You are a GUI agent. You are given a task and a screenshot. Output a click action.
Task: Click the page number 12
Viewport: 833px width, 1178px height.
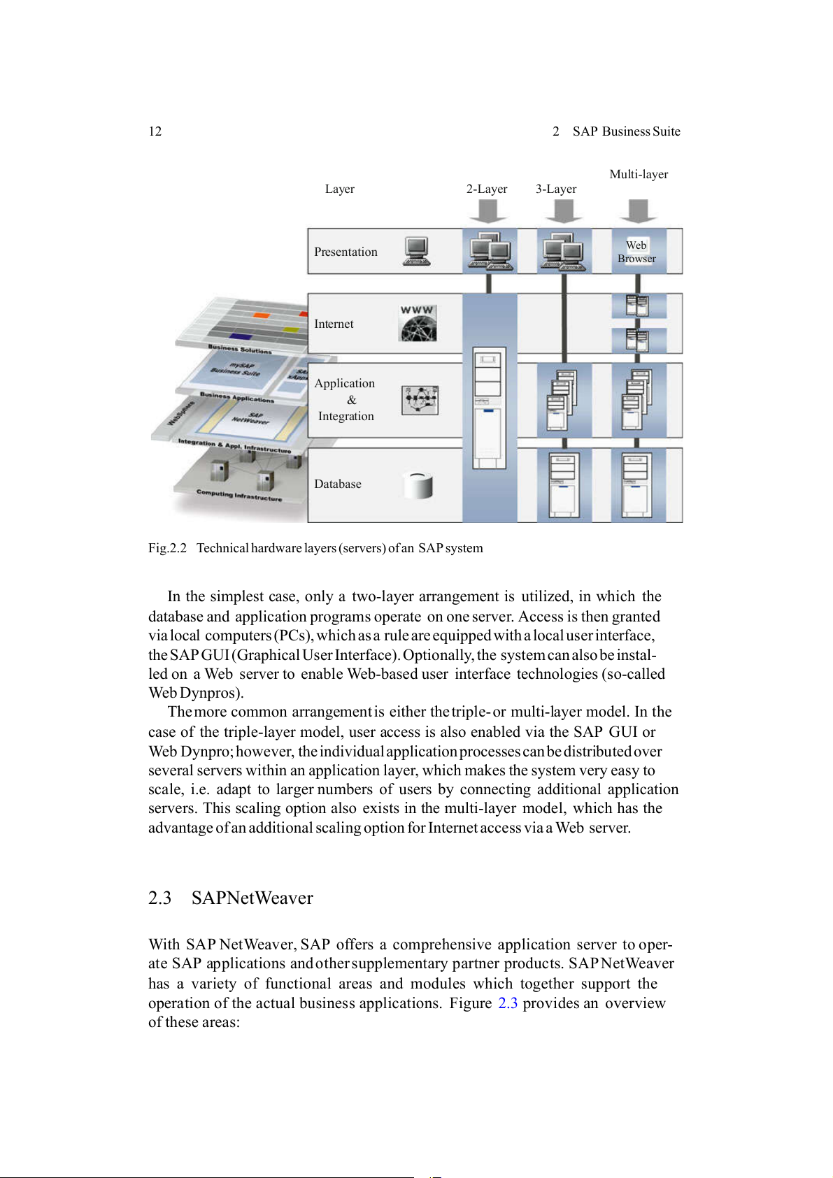tap(155, 131)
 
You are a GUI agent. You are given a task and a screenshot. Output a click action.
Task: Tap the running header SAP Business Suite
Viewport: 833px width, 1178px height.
tap(626, 131)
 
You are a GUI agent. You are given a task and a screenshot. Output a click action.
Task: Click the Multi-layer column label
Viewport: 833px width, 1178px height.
tap(639, 174)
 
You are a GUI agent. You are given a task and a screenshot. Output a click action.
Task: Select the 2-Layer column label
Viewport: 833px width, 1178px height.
tap(487, 189)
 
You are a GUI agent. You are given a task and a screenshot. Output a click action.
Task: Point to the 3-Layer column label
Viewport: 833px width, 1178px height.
tap(556, 189)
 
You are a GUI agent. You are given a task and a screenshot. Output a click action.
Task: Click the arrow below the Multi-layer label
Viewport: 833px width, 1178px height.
tap(638, 210)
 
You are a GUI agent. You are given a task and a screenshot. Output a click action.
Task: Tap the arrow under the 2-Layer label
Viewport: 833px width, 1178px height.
tap(488, 210)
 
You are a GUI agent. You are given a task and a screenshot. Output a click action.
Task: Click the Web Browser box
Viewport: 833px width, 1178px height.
tap(636, 252)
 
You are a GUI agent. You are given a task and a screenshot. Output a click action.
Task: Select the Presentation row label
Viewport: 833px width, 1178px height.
tap(346, 252)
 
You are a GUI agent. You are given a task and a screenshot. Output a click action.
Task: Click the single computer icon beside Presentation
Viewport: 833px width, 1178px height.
tap(417, 252)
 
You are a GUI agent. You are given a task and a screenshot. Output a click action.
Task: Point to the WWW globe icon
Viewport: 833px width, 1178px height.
tap(418, 323)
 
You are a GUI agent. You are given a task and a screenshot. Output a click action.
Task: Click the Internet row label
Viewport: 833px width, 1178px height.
tap(334, 324)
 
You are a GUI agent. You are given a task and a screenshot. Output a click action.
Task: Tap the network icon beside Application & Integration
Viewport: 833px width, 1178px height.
tap(420, 401)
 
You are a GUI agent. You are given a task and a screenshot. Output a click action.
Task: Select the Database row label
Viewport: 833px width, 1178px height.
tap(338, 484)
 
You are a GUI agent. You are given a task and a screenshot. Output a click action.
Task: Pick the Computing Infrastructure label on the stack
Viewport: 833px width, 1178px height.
tap(239, 496)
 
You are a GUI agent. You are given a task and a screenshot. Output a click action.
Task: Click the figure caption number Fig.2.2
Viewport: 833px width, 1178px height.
tap(167, 548)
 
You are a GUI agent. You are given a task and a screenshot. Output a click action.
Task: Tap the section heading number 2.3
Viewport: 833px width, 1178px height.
tap(159, 898)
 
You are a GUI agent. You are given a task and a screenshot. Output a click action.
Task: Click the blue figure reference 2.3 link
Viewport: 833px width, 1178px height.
tap(508, 1003)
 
